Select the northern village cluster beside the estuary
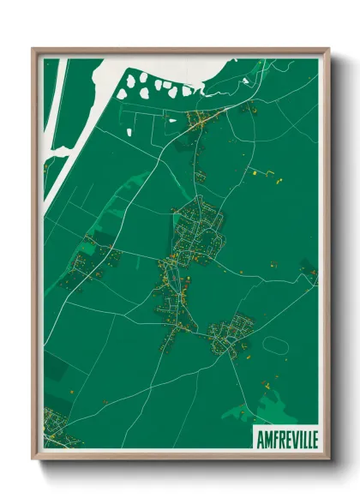point(201,120)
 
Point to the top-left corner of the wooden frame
point(33,49)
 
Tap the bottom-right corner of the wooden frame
point(327,459)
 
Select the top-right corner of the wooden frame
point(327,49)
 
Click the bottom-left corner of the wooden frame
point(33,459)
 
